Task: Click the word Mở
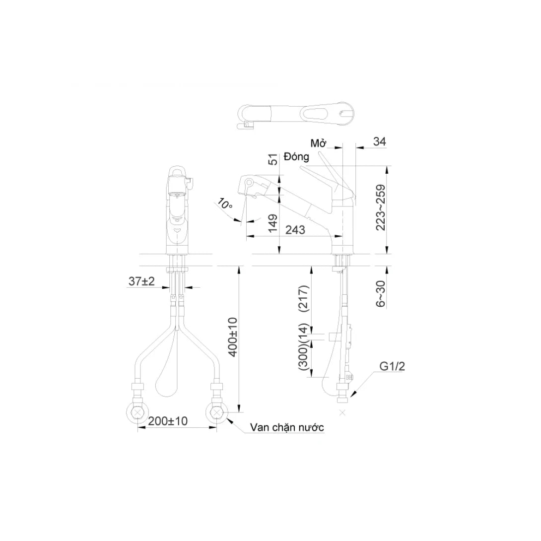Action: click(318, 143)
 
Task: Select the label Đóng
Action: click(297, 157)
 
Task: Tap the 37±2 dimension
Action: click(141, 281)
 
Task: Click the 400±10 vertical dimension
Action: click(233, 338)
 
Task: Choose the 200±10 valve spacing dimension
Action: click(167, 421)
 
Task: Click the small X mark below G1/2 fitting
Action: click(342, 413)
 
